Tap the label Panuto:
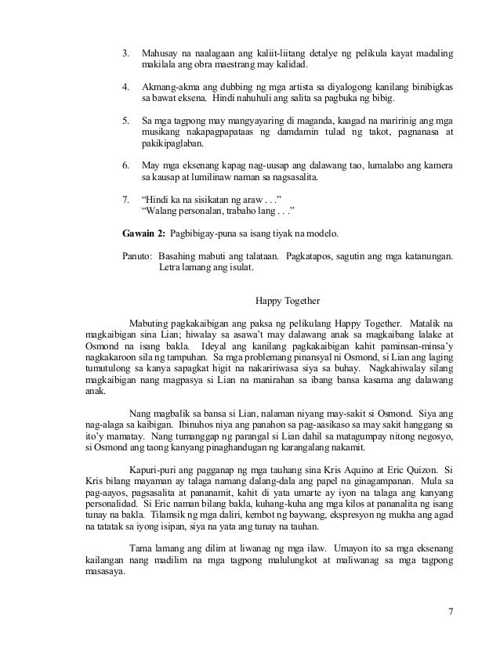[138, 256]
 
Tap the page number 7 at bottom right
[450, 612]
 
